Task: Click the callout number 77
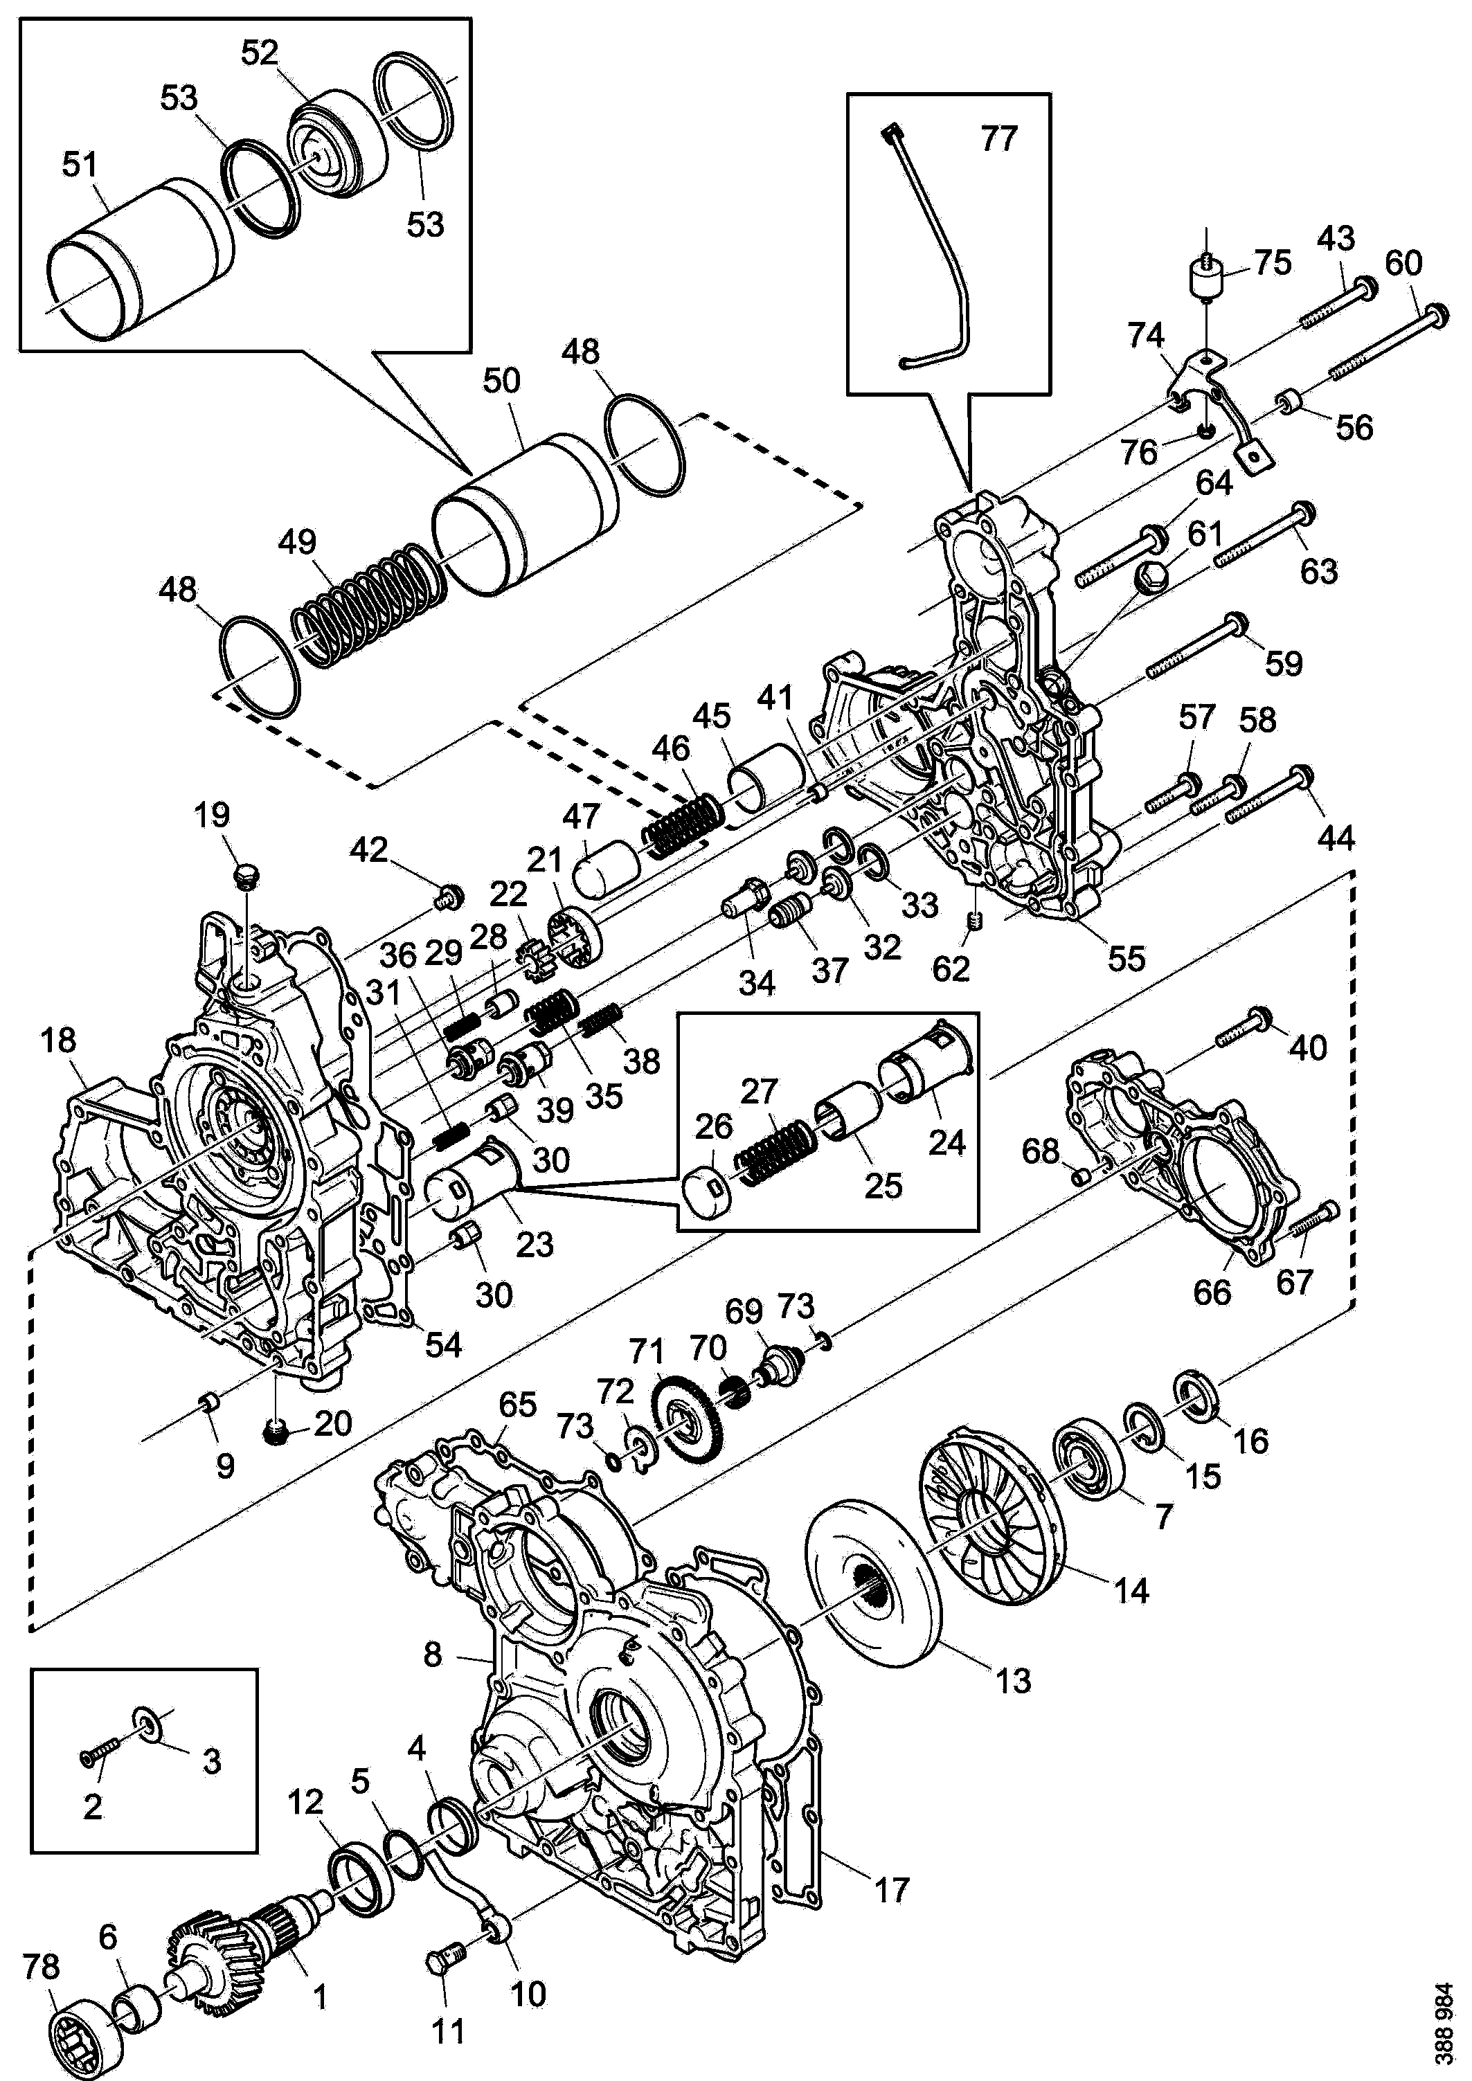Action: (x=999, y=138)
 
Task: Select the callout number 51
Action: (x=80, y=165)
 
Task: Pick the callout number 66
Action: (x=1212, y=1292)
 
